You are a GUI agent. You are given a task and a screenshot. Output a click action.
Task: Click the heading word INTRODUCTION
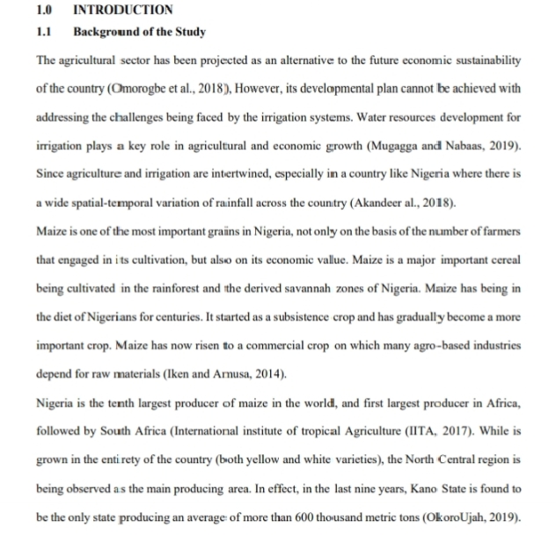123,11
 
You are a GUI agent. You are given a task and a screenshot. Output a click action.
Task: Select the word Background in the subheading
106,33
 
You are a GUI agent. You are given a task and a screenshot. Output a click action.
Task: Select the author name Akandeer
384,202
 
